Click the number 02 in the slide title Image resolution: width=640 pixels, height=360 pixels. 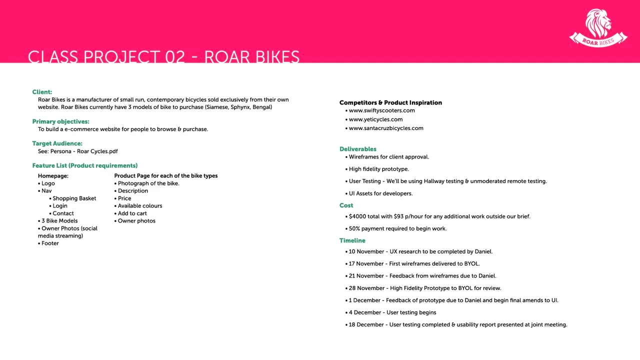(x=175, y=57)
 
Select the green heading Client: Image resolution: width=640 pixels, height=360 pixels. (x=42, y=92)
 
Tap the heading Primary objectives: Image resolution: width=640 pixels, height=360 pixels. (x=60, y=121)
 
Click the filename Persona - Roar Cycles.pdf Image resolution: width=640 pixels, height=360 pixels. (x=84, y=151)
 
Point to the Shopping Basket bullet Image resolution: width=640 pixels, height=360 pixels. (x=74, y=198)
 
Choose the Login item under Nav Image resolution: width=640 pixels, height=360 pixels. (x=59, y=206)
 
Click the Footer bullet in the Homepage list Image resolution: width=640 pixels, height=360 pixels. (x=50, y=243)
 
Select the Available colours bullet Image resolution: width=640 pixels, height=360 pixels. (x=139, y=206)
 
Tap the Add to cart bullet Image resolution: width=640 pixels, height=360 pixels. (x=132, y=213)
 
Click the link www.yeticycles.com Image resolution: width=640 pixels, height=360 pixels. (x=375, y=119)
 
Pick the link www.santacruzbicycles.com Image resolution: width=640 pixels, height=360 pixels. (x=386, y=128)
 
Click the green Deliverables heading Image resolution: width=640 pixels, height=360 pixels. (x=357, y=149)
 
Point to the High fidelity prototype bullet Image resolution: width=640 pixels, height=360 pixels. (x=378, y=169)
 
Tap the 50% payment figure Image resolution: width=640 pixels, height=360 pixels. (x=355, y=228)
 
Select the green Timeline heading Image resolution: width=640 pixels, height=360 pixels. (x=352, y=240)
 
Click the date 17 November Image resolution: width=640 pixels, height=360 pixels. (x=366, y=263)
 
